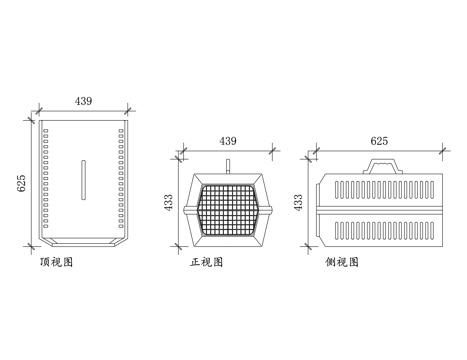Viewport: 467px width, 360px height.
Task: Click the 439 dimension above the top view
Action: pos(85,101)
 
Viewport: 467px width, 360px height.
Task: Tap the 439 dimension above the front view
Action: pos(228,141)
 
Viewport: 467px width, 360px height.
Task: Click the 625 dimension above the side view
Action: pos(378,141)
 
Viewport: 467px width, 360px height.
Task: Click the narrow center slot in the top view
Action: pos(83,178)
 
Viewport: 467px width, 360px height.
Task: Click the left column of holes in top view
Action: pos(46,180)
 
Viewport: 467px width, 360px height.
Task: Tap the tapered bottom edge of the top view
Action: pos(83,244)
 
